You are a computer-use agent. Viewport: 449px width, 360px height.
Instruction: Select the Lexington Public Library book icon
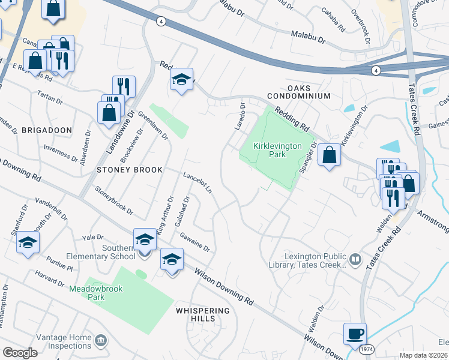(x=355, y=259)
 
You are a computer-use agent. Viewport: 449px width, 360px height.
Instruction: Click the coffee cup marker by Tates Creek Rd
(x=355, y=333)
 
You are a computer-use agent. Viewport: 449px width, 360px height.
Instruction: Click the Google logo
(x=20, y=353)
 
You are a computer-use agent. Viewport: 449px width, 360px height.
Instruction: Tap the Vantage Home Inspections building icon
(x=101, y=341)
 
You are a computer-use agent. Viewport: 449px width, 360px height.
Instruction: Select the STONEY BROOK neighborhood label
(x=130, y=170)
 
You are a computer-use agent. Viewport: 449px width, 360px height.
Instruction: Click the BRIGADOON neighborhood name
(x=47, y=130)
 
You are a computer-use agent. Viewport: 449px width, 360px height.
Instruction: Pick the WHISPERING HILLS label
(x=203, y=314)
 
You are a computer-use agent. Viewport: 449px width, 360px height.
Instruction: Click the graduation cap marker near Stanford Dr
(x=28, y=244)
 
